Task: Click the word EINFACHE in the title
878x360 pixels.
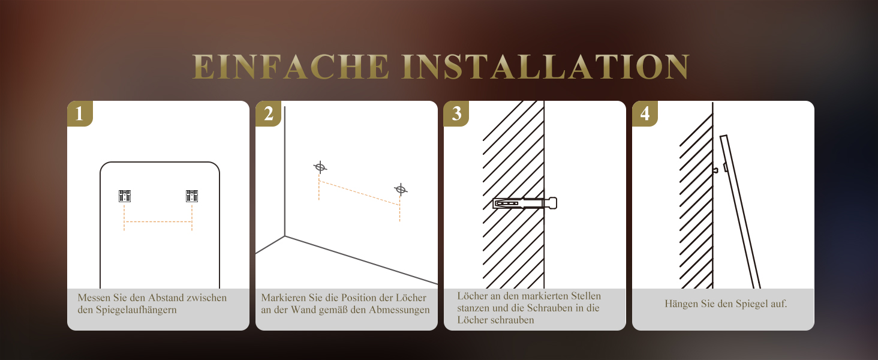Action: pyautogui.click(x=290, y=67)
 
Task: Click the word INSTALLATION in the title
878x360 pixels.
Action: pyautogui.click(x=545, y=67)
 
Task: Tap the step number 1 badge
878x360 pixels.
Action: pyautogui.click(x=80, y=113)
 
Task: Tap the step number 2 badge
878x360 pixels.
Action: pyautogui.click(x=268, y=113)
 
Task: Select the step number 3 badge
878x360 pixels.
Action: pyautogui.click(x=456, y=113)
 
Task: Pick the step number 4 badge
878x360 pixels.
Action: pyautogui.click(x=645, y=113)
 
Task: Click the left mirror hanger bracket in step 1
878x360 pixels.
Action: pyautogui.click(x=125, y=196)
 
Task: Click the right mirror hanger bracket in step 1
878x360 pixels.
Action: pyautogui.click(x=192, y=196)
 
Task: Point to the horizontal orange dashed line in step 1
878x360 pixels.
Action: pyautogui.click(x=158, y=221)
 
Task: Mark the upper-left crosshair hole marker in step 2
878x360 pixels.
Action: pyautogui.click(x=320, y=167)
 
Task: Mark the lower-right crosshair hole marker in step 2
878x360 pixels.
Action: pyautogui.click(x=400, y=190)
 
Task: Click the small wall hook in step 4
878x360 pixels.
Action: pyautogui.click(x=715, y=170)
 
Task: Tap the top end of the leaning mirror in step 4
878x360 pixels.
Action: pyautogui.click(x=723, y=137)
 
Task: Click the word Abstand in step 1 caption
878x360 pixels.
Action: pyautogui.click(x=165, y=298)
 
